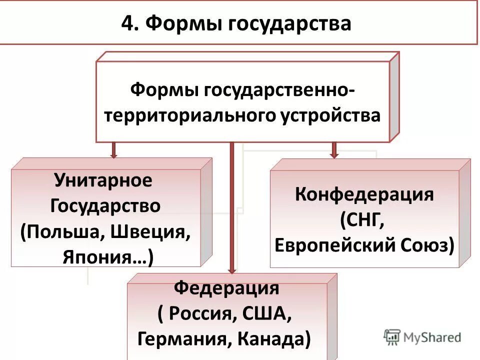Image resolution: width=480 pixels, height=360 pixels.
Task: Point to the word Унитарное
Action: click(103, 180)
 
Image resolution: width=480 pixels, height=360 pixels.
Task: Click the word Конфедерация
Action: click(364, 194)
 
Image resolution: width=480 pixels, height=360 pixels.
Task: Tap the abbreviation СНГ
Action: click(364, 220)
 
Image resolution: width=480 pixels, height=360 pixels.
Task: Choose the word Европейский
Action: click(334, 246)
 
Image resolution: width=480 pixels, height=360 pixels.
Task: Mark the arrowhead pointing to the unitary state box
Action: click(114, 155)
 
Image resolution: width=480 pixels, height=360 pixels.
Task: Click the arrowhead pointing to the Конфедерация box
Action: click(334, 155)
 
